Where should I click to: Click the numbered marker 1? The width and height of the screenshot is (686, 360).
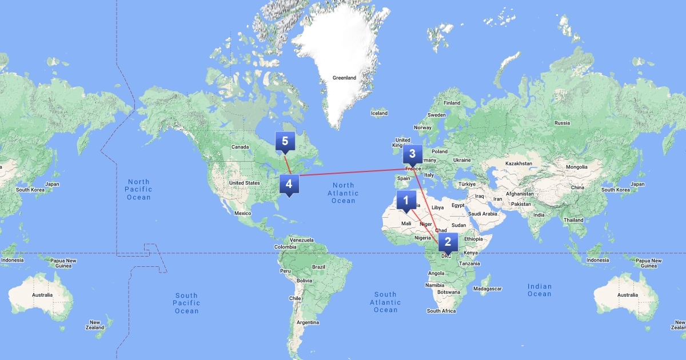click(x=406, y=201)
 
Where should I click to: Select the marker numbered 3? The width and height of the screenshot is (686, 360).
click(x=412, y=154)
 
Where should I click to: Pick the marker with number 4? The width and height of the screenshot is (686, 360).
click(x=289, y=185)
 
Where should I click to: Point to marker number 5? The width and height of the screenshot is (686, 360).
click(x=285, y=141)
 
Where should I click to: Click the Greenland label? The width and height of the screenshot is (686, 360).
click(x=344, y=78)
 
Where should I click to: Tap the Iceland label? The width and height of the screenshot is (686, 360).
click(x=379, y=113)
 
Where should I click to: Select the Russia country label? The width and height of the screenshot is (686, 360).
click(x=562, y=123)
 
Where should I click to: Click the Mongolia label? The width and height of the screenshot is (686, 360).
click(x=576, y=167)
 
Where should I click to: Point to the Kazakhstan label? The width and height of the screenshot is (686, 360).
click(x=519, y=163)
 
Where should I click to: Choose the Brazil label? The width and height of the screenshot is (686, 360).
click(x=318, y=267)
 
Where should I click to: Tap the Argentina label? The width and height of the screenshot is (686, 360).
click(x=308, y=322)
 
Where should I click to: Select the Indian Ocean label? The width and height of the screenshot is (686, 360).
click(x=539, y=290)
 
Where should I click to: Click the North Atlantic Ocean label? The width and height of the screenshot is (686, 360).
click(x=344, y=193)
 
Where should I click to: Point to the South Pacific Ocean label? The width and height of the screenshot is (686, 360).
click(x=186, y=303)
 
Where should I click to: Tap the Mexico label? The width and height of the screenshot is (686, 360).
click(x=243, y=213)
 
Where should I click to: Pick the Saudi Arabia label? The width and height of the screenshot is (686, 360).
click(x=483, y=214)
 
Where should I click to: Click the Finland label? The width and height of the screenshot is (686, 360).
click(x=452, y=103)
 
